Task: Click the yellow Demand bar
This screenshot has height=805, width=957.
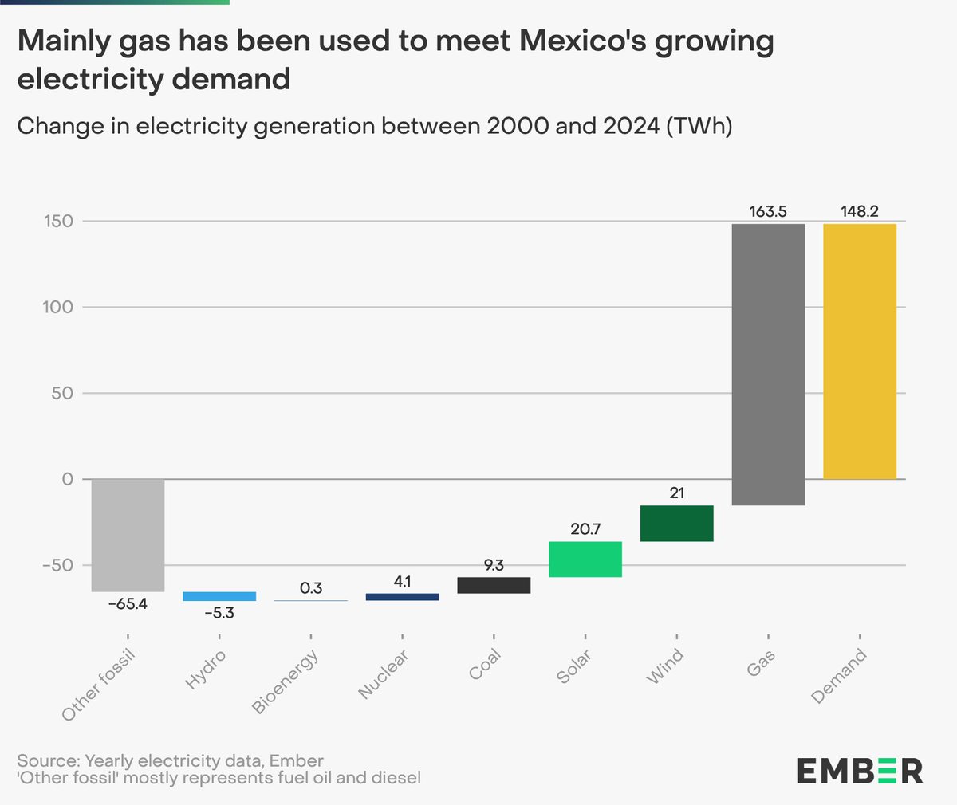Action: pos(860,351)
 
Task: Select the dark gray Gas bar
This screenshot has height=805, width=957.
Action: pos(768,364)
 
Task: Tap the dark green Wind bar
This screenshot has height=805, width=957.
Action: pos(676,524)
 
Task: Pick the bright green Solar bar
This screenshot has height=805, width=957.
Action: pos(585,559)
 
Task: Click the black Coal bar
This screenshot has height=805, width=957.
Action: pos(494,585)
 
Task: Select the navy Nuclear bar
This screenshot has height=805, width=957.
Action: pos(402,596)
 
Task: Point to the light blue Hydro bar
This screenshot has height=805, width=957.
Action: pos(219,596)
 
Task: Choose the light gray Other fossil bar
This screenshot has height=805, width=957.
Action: pos(128,535)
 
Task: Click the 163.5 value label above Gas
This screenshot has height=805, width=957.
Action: pos(768,212)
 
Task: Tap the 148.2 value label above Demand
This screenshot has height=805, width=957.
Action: pos(860,212)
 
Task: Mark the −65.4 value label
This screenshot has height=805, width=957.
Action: pos(128,604)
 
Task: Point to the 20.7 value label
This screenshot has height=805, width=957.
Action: pos(585,529)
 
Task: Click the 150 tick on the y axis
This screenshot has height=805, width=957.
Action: pos(57,221)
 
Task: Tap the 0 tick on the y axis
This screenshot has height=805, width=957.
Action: pos(67,479)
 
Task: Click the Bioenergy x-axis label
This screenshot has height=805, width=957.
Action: pos(286,681)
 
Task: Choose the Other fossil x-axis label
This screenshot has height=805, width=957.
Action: pos(99,685)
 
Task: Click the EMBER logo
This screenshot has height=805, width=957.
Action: pos(860,771)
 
